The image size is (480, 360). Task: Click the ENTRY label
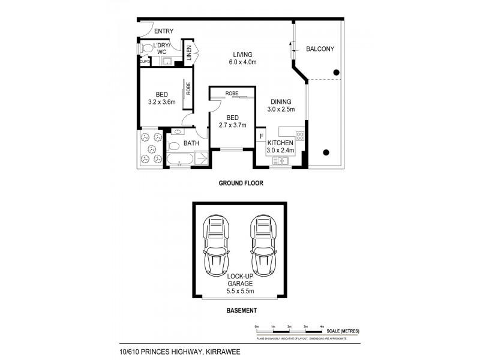pyautogui.click(x=164, y=31)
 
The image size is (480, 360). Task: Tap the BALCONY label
pyautogui.click(x=320, y=49)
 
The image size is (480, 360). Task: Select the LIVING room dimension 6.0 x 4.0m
pyautogui.click(x=242, y=62)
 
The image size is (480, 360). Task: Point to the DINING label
pyautogui.click(x=280, y=101)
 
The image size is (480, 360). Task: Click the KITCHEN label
pyautogui.click(x=280, y=142)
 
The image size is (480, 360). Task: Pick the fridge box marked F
pyautogui.click(x=261, y=136)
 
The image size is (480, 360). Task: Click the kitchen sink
pyautogui.click(x=280, y=161)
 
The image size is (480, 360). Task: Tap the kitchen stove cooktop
pyautogui.click(x=300, y=136)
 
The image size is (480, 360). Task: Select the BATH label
pyautogui.click(x=191, y=143)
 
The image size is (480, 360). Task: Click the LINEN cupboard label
pyautogui.click(x=188, y=54)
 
